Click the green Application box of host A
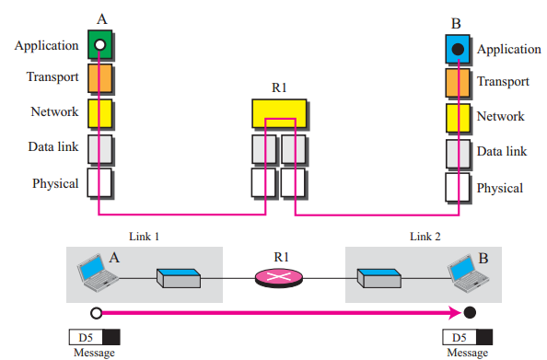[x=99, y=43]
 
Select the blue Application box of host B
[x=458, y=48]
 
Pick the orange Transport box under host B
[x=458, y=83]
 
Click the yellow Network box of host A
[x=99, y=112]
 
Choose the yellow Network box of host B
[x=458, y=117]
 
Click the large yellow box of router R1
[x=279, y=113]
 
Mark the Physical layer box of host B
[x=458, y=187]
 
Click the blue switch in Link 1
[x=176, y=276]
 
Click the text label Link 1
[x=143, y=238]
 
